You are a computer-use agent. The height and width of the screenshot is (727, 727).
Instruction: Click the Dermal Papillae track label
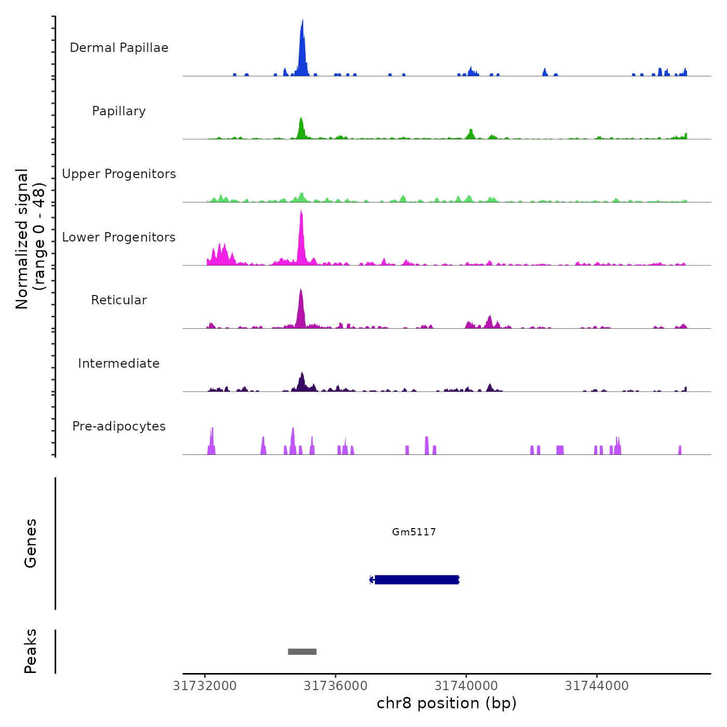click(x=119, y=48)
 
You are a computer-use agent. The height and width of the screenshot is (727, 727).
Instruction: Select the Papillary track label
click(x=119, y=111)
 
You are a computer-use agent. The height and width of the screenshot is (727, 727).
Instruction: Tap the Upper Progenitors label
click(x=119, y=174)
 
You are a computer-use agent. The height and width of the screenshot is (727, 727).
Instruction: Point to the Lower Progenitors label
click(x=119, y=237)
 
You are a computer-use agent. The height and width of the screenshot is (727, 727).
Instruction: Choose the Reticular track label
click(x=119, y=300)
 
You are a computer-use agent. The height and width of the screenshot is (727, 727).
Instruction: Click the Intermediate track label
click(x=119, y=363)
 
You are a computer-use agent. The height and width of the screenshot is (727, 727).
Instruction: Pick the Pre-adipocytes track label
click(x=119, y=426)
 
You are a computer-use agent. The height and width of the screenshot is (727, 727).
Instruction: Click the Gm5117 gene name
click(x=414, y=532)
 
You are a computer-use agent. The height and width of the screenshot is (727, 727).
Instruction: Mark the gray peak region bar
click(x=302, y=652)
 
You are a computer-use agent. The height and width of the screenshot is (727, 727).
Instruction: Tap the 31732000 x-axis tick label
click(x=205, y=686)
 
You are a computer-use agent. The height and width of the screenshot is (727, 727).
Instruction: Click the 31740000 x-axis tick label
click(x=466, y=686)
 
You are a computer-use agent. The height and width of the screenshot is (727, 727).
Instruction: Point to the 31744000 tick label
click(x=597, y=686)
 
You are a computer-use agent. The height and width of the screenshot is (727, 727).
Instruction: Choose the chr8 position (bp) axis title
click(x=447, y=703)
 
